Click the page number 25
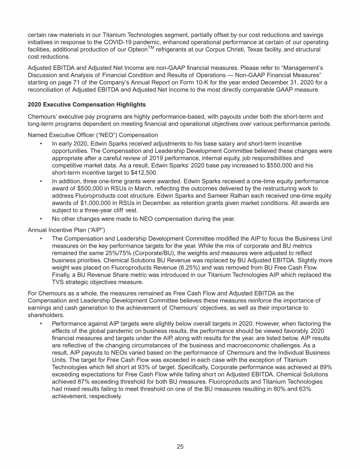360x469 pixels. (180, 446)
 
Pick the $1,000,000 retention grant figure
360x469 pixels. (88, 203)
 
